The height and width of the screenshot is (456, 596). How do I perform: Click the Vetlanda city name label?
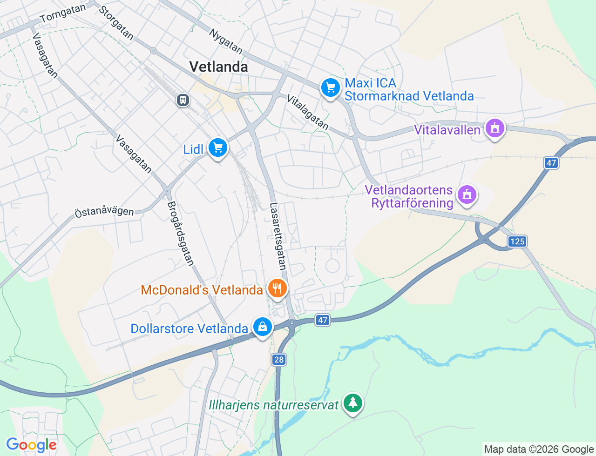click(x=218, y=67)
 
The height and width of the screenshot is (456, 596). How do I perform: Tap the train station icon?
click(x=183, y=100)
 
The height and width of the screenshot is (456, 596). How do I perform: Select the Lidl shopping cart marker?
click(x=217, y=148)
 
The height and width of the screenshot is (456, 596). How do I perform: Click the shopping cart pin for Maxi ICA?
click(x=330, y=87)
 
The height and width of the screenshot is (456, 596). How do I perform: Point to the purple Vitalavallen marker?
click(x=494, y=128)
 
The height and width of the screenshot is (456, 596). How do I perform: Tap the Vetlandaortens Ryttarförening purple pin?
click(x=467, y=195)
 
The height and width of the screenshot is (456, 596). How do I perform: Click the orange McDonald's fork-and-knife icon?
click(x=277, y=288)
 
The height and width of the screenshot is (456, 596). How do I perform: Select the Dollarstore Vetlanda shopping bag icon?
click(x=262, y=327)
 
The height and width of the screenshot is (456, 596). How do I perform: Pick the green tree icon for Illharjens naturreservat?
click(x=352, y=403)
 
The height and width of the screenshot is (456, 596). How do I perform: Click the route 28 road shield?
click(x=278, y=360)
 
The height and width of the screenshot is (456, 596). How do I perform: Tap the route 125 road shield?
click(x=517, y=241)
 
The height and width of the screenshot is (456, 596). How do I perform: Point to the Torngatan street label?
click(x=63, y=13)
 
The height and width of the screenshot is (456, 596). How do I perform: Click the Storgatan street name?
click(x=116, y=23)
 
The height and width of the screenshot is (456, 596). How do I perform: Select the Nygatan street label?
click(x=226, y=41)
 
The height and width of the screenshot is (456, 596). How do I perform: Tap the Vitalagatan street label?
click(x=308, y=112)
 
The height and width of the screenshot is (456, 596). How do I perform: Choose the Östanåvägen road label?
click(x=104, y=211)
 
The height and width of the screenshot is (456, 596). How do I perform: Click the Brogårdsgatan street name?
click(x=180, y=234)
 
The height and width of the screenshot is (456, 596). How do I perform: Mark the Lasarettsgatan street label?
click(x=278, y=236)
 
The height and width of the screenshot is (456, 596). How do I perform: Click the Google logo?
click(x=31, y=445)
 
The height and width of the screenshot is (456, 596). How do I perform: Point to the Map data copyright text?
click(x=539, y=449)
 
